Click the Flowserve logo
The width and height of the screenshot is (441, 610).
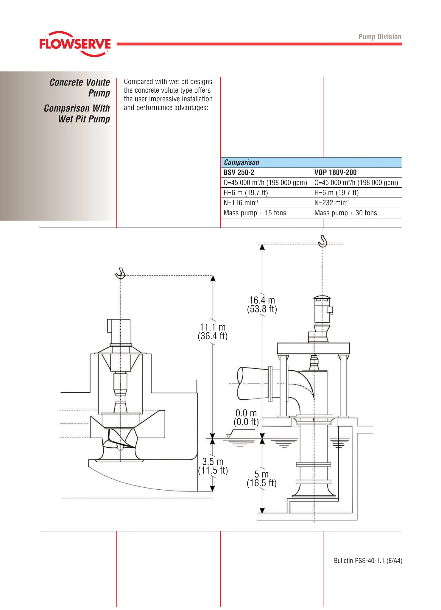pos(75,44)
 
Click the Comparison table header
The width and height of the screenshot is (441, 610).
pos(241,162)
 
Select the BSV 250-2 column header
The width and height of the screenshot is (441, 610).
pos(239,172)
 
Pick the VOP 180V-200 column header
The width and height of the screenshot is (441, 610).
pos(335,172)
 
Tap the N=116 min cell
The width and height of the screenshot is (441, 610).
pos(241,203)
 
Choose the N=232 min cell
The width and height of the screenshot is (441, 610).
pos(331,203)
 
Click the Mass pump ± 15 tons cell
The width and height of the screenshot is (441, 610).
pos(255,213)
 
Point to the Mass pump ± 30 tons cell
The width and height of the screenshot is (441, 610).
pos(345,213)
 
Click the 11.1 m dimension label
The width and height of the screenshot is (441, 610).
pos(213,332)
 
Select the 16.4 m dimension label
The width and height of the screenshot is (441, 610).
pos(262,304)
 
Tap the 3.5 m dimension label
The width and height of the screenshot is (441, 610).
pos(213,466)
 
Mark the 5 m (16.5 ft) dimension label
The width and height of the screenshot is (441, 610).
pos(262,478)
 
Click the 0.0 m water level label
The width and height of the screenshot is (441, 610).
pos(246,417)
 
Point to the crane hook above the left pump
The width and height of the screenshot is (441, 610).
pos(120,273)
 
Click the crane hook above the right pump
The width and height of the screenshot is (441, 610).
pos(322,241)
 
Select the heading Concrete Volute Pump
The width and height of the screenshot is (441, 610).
pos(80,88)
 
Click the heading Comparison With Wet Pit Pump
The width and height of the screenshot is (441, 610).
pos(77,113)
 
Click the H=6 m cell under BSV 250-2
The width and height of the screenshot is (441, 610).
pos(246,193)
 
